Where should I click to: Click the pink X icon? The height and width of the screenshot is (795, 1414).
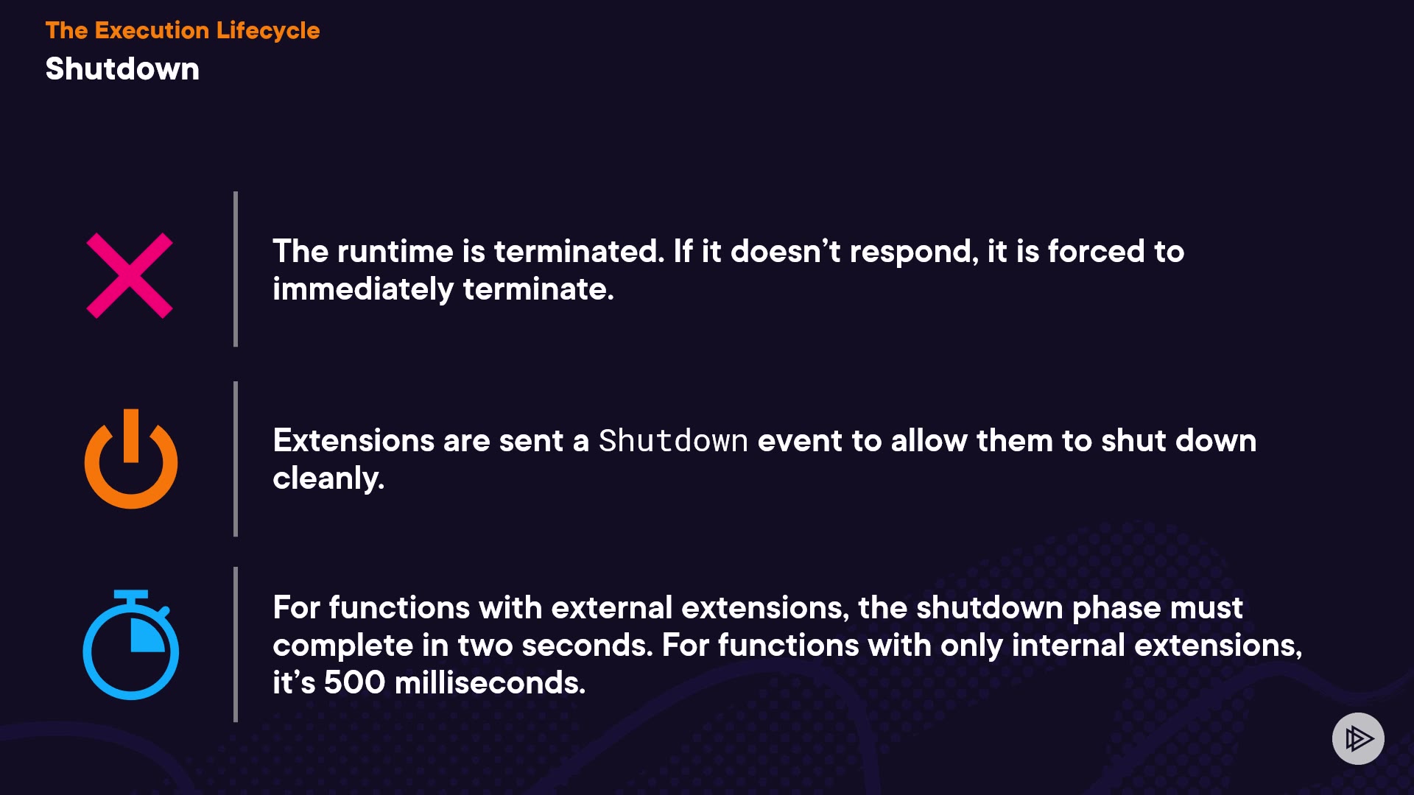click(x=130, y=275)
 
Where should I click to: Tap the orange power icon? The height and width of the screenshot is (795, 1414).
click(x=131, y=482)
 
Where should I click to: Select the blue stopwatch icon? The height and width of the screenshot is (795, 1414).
click(x=131, y=646)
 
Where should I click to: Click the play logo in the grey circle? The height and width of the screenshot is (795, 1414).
click(x=1358, y=738)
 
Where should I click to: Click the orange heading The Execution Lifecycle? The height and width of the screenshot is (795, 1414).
click(x=183, y=30)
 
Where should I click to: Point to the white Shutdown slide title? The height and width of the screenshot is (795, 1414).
click(x=122, y=69)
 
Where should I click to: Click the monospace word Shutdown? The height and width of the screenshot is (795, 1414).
click(x=673, y=441)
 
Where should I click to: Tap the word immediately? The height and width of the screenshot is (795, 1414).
click(x=363, y=289)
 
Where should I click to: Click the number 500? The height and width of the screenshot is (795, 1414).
click(x=354, y=683)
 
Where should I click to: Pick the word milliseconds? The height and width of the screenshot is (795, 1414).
click(x=490, y=683)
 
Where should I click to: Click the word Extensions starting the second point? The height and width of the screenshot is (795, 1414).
click(x=353, y=441)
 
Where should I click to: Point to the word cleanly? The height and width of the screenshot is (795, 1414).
click(x=328, y=478)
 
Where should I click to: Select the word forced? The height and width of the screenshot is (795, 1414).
click(x=1096, y=252)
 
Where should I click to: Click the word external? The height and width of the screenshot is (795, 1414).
click(x=611, y=608)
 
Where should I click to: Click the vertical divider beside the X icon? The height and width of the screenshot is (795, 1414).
click(x=236, y=269)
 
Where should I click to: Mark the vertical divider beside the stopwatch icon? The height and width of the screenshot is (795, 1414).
click(x=236, y=644)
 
